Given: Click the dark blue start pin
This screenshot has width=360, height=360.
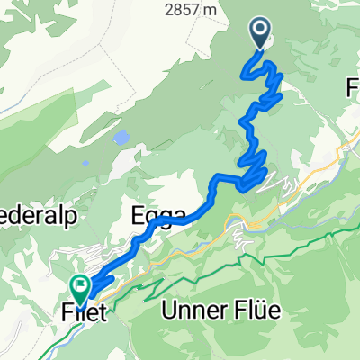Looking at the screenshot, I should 261,33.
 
